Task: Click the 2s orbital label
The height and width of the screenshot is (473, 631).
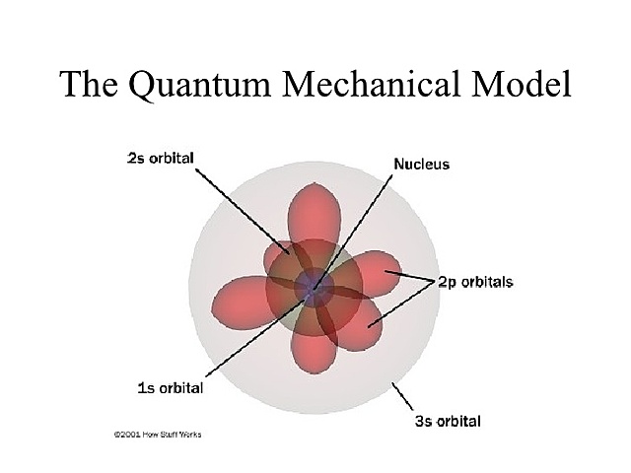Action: click(160, 158)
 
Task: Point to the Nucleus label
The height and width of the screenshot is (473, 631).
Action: click(421, 164)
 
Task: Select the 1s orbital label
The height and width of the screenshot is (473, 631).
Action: click(170, 387)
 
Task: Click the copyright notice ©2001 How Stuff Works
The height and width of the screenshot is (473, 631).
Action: click(158, 435)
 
